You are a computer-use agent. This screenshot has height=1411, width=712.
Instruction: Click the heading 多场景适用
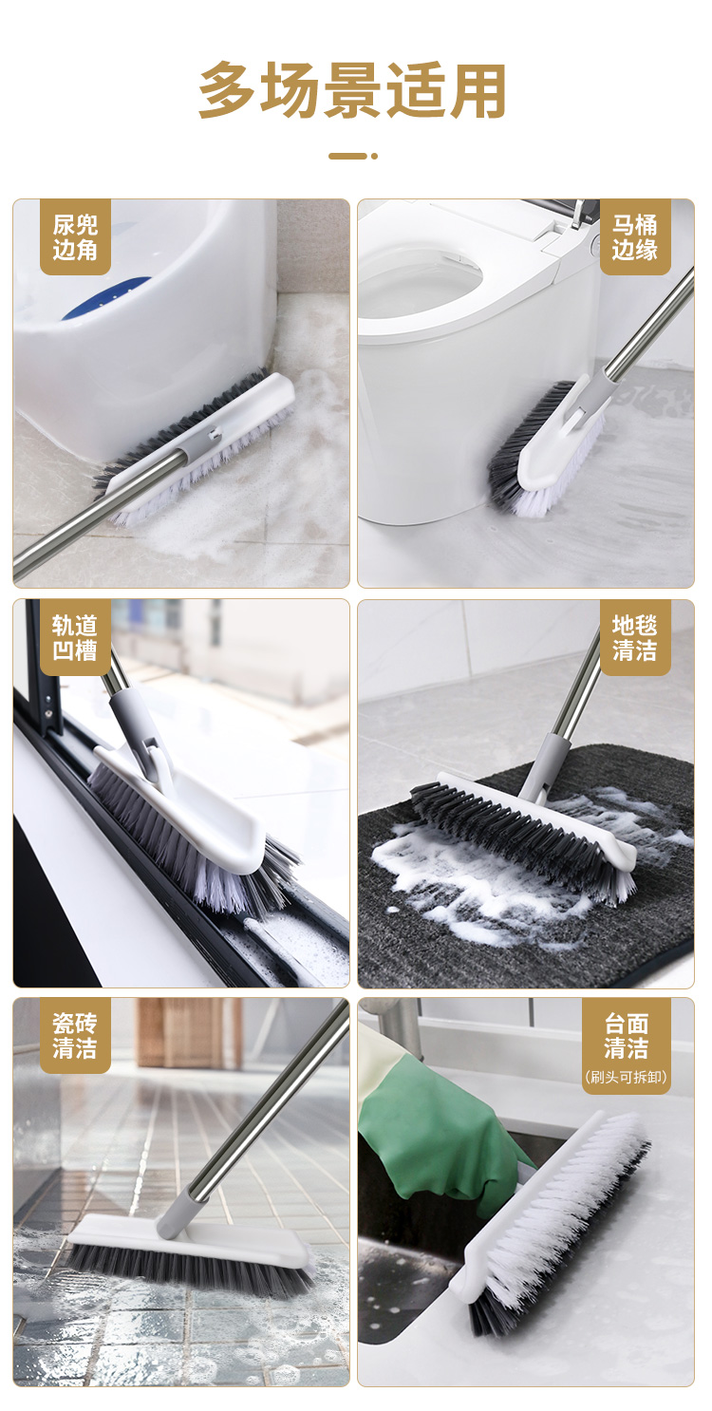tap(352, 90)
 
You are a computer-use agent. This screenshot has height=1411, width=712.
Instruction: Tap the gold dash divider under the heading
tap(352, 156)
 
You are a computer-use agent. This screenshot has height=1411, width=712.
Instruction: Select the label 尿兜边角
tap(75, 237)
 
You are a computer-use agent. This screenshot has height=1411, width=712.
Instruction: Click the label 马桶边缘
tap(634, 237)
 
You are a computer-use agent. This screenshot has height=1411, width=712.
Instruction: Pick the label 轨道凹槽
tap(75, 637)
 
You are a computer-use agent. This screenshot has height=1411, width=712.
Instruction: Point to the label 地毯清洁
tap(634, 637)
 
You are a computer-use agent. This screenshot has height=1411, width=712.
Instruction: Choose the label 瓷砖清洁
tap(75, 1036)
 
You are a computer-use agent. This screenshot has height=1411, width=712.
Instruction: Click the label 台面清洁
tap(626, 1036)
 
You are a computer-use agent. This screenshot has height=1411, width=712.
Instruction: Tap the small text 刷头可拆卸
tap(626, 1077)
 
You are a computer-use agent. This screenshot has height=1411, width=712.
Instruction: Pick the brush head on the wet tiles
tap(189, 1251)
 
